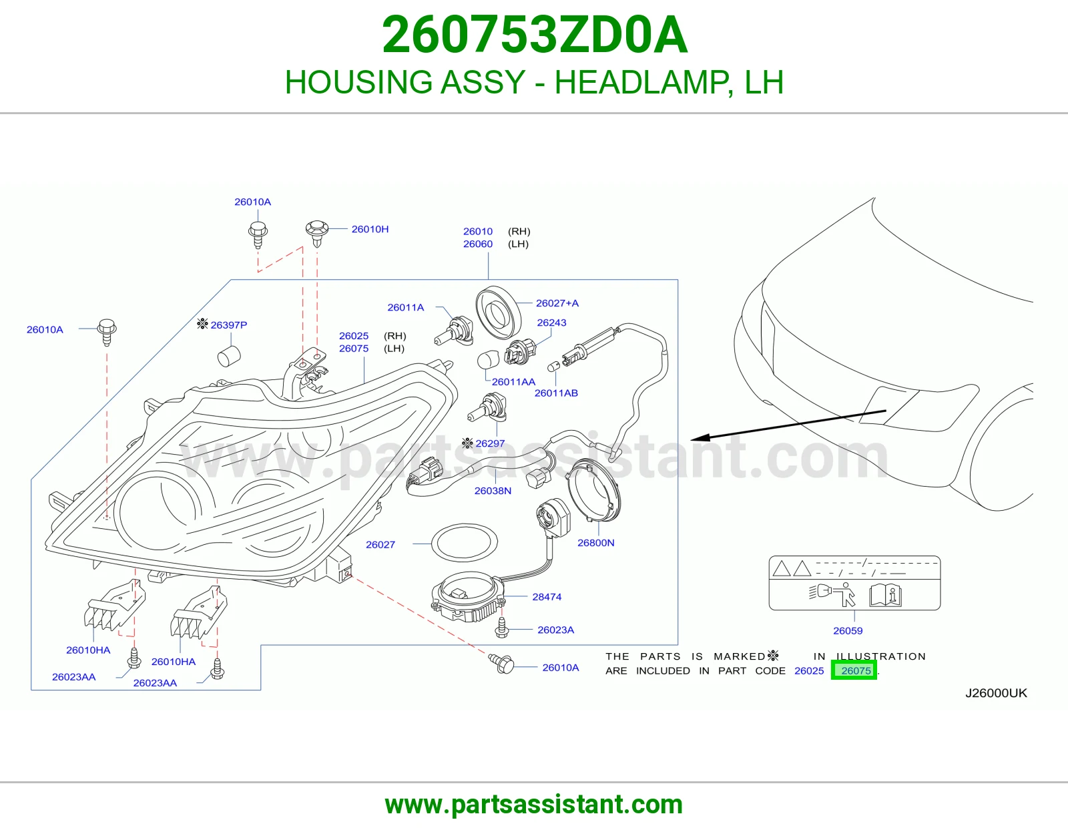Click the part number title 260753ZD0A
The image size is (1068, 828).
[x=535, y=35]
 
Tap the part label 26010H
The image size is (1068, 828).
[x=370, y=229]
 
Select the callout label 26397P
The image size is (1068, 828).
[x=228, y=325]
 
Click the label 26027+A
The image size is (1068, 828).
[x=557, y=303]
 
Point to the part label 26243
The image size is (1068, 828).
[x=551, y=323]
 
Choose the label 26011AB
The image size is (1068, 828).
[x=556, y=393]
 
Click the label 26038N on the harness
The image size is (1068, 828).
[x=493, y=491]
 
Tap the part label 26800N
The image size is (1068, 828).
[x=595, y=543]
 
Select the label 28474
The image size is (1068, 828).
[x=547, y=597]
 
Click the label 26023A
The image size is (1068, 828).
[x=555, y=630]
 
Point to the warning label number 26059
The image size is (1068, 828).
[x=848, y=631]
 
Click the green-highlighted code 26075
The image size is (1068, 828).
[x=856, y=670]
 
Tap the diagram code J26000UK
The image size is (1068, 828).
[x=996, y=693]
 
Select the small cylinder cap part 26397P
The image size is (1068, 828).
[x=228, y=356]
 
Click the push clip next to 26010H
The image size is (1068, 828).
[x=317, y=232]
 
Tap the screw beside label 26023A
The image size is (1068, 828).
[x=502, y=628]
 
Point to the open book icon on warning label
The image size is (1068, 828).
[x=885, y=596]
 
